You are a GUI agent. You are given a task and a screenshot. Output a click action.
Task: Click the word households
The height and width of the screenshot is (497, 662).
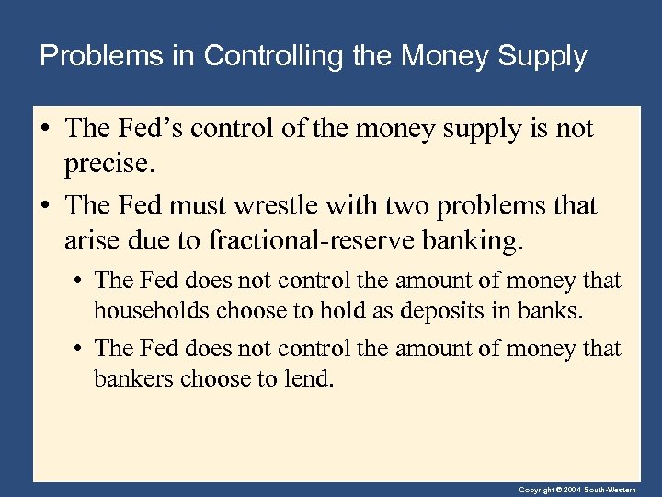(151, 311)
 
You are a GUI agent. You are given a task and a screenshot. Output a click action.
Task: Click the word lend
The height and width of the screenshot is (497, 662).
(313, 379)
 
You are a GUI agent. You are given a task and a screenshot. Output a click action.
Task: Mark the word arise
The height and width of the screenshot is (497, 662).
(89, 241)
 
